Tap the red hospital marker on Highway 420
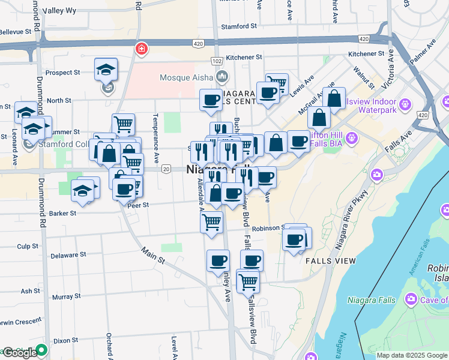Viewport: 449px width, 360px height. tap(142, 47)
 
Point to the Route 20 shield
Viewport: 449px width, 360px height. tap(166, 169)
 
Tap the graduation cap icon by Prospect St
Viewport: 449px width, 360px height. tap(106, 70)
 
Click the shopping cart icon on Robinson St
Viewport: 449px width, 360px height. tap(212, 222)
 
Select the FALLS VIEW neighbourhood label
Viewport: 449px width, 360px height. tap(331, 261)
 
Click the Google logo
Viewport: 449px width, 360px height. tap(19, 353)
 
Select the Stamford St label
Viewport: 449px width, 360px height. tap(238, 26)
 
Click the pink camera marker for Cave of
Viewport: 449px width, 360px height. tap(411, 299)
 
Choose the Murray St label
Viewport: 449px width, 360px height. tap(62, 297)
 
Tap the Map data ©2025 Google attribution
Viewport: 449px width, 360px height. tap(412, 355)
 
